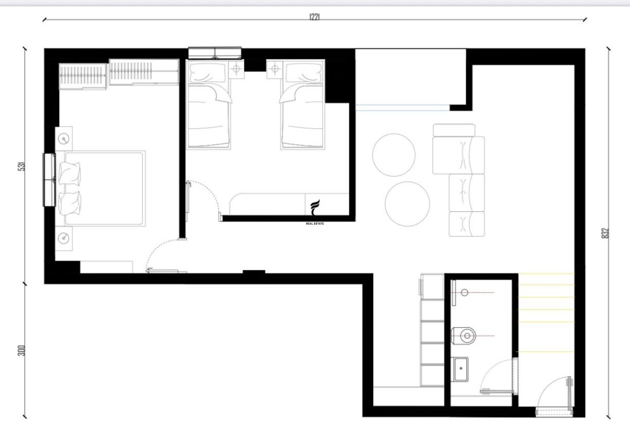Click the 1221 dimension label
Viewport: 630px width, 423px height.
(x=314, y=17)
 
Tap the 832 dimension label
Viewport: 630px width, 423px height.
(x=606, y=233)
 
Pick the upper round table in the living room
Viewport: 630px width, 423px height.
(x=394, y=155)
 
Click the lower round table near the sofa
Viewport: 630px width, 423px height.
(x=407, y=204)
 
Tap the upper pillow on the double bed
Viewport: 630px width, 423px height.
(x=69, y=174)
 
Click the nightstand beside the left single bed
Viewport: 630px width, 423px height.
(x=236, y=69)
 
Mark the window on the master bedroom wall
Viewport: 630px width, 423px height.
(x=49, y=179)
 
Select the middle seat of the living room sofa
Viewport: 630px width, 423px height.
(x=466, y=192)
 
